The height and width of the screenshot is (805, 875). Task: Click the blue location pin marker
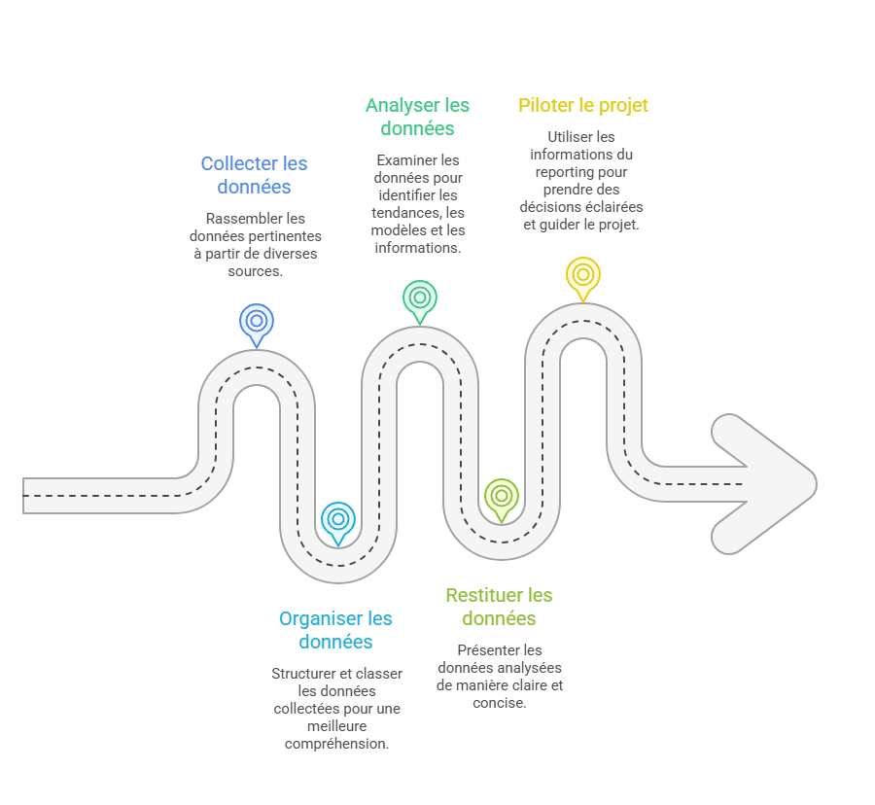(x=257, y=323)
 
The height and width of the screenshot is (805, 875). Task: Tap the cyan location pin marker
(x=337, y=520)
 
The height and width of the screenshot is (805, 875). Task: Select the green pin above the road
(x=420, y=298)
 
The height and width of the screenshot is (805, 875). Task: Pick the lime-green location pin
(x=501, y=497)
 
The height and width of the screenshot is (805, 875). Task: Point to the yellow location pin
(x=583, y=275)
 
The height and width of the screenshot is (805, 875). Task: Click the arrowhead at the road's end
(x=768, y=482)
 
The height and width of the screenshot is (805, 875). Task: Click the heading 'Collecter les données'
(x=254, y=175)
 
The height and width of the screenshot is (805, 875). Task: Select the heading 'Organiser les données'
(x=335, y=630)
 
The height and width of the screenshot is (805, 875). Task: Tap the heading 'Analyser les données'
(x=417, y=117)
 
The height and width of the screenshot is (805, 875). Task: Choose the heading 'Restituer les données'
(x=499, y=607)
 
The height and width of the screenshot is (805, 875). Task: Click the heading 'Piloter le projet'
(x=583, y=105)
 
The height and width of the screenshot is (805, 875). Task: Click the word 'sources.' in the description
(x=255, y=271)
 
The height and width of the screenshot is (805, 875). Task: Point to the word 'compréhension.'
(x=336, y=744)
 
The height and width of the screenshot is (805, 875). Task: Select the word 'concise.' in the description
(x=499, y=702)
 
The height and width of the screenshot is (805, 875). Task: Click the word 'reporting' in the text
(x=562, y=171)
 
